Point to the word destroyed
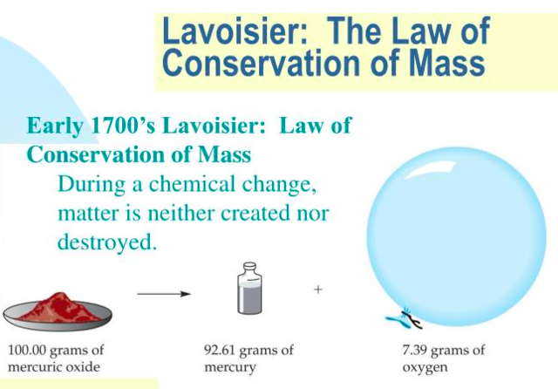[x=106, y=242]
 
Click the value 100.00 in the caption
[x=28, y=351]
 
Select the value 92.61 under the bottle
[x=221, y=351]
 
